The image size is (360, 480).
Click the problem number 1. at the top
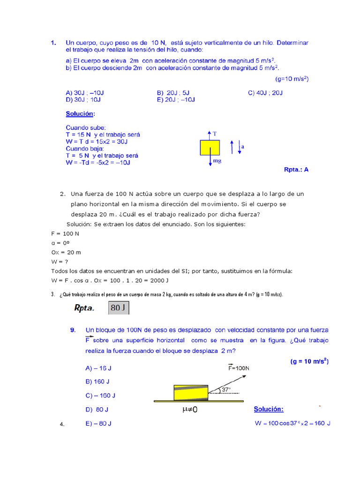pyautogui.click(x=53, y=43)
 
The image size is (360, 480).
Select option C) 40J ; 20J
pyautogui.click(x=265, y=93)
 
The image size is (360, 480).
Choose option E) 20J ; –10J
pyautogui.click(x=176, y=99)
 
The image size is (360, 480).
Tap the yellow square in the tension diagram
pyautogui.click(x=210, y=147)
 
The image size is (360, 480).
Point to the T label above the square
pyautogui.click(x=215, y=134)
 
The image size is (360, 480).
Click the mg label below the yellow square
pyautogui.click(x=217, y=160)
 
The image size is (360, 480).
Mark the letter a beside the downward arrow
pyautogui.click(x=242, y=147)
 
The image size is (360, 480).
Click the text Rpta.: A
pyautogui.click(x=296, y=170)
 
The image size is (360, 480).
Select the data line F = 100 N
pyautogui.click(x=65, y=233)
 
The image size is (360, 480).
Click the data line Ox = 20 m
pyautogui.click(x=66, y=252)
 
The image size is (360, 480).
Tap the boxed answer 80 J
pyautogui.click(x=119, y=308)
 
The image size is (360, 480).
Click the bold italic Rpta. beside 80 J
pyautogui.click(x=84, y=308)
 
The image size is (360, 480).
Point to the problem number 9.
pyautogui.click(x=73, y=330)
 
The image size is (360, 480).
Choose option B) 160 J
pyautogui.click(x=97, y=382)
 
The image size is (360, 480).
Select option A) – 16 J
pyautogui.click(x=99, y=368)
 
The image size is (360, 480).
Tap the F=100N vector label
pyautogui.click(x=239, y=367)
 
